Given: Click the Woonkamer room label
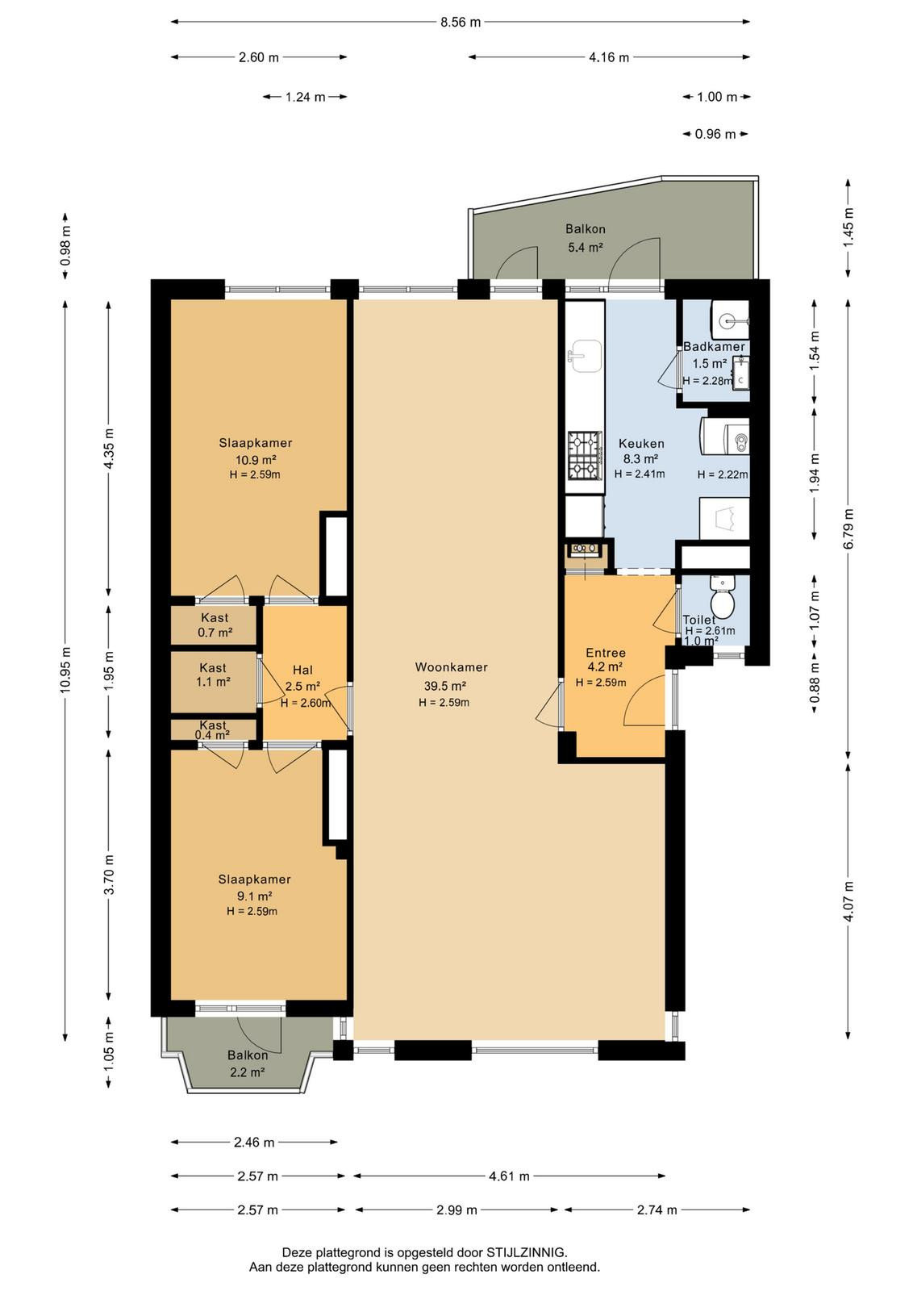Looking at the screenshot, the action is (x=451, y=667).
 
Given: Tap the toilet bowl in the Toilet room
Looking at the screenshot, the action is (x=722, y=600).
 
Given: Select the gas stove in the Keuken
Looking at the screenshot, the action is (x=585, y=456).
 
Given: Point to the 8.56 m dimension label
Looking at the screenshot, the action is (x=461, y=23).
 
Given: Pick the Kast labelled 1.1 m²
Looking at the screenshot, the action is (x=213, y=682).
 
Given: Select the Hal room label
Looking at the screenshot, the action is (x=302, y=671).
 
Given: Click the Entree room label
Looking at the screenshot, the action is (x=606, y=653).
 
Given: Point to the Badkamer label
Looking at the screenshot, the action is (x=714, y=347).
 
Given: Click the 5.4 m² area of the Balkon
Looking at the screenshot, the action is (x=586, y=248).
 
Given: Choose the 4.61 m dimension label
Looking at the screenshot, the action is (x=509, y=1176).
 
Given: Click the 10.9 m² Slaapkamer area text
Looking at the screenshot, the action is (x=255, y=460).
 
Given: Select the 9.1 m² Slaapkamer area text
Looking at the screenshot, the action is (x=254, y=896).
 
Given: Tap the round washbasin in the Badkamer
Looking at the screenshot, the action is (x=730, y=319).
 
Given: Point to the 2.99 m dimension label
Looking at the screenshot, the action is (x=456, y=1210).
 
